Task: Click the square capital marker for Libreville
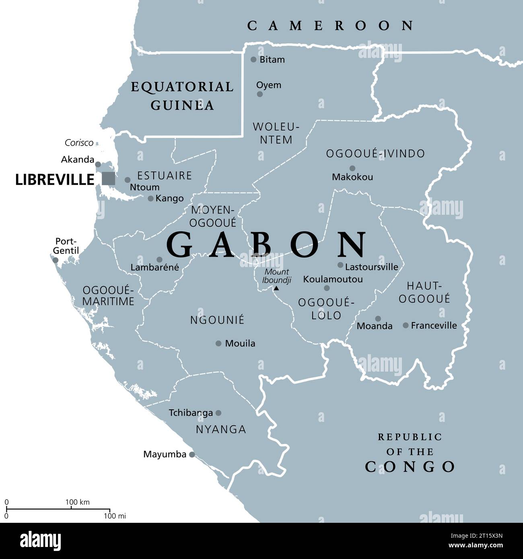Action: (108, 179)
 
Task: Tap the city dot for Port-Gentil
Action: (56, 260)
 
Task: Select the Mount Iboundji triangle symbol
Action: (276, 288)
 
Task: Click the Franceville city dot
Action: (406, 325)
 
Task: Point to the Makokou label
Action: (352, 177)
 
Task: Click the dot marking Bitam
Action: (253, 60)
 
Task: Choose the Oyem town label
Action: (269, 85)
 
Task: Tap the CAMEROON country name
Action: (330, 26)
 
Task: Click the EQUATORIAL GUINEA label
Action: (182, 96)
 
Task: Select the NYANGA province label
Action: (221, 430)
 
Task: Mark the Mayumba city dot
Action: (192, 455)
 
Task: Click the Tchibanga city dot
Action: (218, 413)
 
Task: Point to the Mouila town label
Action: (240, 343)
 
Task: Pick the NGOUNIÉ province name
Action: (217, 320)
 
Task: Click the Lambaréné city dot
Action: (159, 260)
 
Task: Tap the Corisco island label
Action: (79, 143)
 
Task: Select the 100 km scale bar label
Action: (78, 502)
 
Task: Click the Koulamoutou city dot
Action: (327, 288)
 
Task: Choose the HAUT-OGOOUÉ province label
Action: (424, 292)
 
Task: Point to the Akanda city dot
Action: (98, 164)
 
